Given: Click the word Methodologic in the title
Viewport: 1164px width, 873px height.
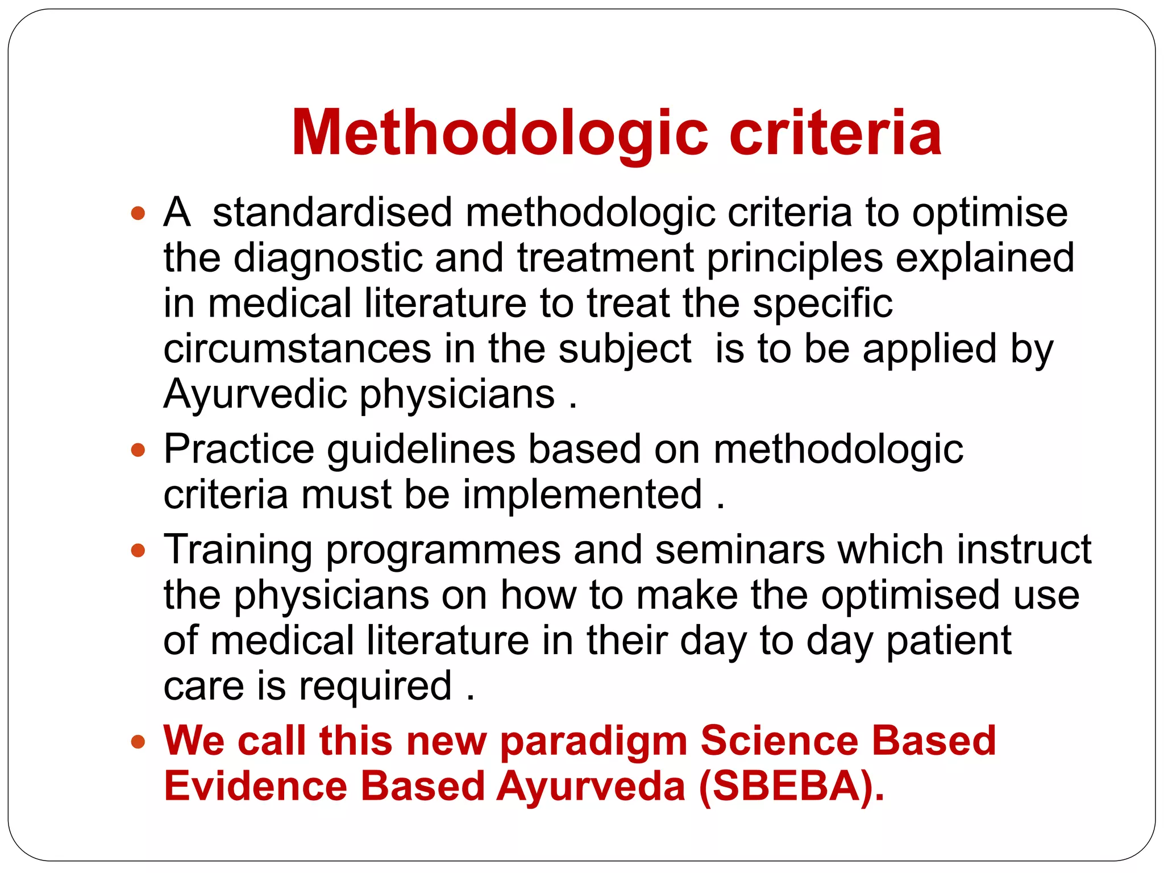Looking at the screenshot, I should coord(499,134).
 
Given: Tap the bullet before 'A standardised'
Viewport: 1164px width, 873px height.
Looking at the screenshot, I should coord(138,214).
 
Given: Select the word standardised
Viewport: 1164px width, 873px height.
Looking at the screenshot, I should coord(332,213).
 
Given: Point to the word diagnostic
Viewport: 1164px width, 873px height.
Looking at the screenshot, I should coord(328,259).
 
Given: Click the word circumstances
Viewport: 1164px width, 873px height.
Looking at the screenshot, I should coord(297,349).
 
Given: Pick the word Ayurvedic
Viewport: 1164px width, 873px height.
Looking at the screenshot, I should coord(255,394).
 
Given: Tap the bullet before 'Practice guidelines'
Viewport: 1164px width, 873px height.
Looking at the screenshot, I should coord(138,451).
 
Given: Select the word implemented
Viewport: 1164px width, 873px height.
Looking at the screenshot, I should coord(583,494).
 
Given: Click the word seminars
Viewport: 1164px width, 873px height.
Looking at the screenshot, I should coord(739,550).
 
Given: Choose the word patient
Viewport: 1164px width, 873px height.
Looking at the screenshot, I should coord(949,641).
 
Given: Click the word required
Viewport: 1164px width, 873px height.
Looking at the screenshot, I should coord(375,687).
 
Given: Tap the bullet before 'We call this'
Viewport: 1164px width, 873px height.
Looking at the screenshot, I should coord(138,742).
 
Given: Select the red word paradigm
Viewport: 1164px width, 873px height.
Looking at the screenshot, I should coord(593,742).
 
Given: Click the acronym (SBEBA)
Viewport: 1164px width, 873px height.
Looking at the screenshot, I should coord(791,787).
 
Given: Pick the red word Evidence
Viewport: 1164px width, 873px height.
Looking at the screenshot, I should coord(255,787).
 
